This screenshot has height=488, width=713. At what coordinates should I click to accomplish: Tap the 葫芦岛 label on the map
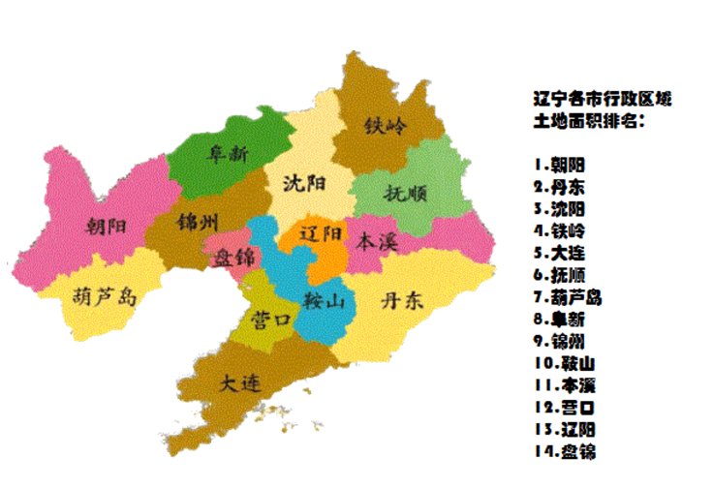pyautogui.click(x=105, y=295)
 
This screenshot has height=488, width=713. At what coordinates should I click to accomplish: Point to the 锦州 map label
pyautogui.click(x=199, y=222)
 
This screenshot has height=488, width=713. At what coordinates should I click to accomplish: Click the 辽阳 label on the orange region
pyautogui.click(x=321, y=235)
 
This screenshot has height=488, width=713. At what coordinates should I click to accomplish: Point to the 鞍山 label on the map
pyautogui.click(x=324, y=300)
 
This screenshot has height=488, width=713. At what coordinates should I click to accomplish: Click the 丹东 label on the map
pyautogui.click(x=402, y=300)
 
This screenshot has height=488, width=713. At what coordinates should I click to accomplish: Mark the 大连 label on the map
pyautogui.click(x=239, y=382)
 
